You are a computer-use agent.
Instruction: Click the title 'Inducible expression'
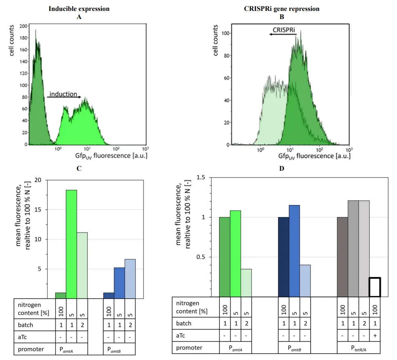click(79, 9)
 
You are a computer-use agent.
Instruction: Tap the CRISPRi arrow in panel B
click(283, 35)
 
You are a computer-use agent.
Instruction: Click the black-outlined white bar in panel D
click(375, 287)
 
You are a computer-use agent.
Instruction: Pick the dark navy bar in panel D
click(284, 257)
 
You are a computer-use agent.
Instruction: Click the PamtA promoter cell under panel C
click(71, 349)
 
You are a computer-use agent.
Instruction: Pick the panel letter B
click(282, 17)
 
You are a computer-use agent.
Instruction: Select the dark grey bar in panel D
click(342, 257)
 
